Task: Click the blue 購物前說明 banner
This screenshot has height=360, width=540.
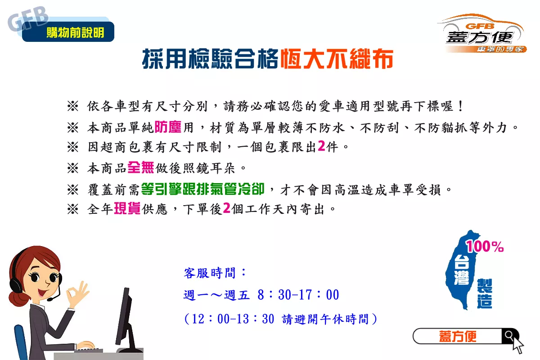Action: tap(68, 31)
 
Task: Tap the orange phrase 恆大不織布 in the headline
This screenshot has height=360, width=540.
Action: tap(337, 58)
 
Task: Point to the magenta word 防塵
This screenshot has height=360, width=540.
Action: tap(168, 127)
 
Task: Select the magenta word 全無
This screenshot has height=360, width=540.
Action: tap(141, 167)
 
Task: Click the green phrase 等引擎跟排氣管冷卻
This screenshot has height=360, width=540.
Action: tap(203, 189)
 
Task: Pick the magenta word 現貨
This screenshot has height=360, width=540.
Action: tap(127, 208)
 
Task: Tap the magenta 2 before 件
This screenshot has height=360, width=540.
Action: tap(321, 146)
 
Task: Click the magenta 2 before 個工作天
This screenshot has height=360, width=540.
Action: tap(227, 208)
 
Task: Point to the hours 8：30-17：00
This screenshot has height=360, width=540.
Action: tap(298, 295)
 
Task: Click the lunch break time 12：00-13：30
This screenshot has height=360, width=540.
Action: tap(233, 319)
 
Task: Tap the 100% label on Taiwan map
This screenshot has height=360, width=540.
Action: tap(485, 246)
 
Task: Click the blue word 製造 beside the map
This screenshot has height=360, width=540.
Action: tap(485, 293)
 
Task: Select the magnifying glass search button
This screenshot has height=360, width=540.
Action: tap(509, 335)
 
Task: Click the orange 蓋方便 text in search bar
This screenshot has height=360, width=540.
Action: tap(458, 336)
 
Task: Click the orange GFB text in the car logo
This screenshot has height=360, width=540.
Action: tap(480, 26)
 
